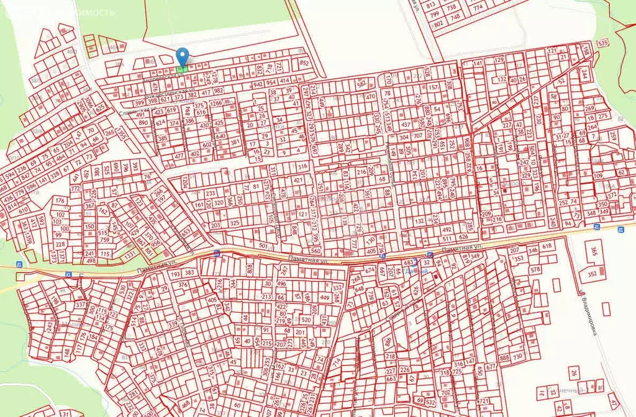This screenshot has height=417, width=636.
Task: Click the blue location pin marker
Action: [182, 56]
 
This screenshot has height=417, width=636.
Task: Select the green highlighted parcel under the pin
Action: [182, 69]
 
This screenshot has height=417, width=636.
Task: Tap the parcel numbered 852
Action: [304, 63]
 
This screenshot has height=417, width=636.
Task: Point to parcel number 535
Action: [602, 43]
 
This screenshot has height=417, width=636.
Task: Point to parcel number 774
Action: [478, 9]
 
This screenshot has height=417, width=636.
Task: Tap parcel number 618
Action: [547, 246]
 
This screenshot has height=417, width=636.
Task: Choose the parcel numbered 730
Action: [517, 358]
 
